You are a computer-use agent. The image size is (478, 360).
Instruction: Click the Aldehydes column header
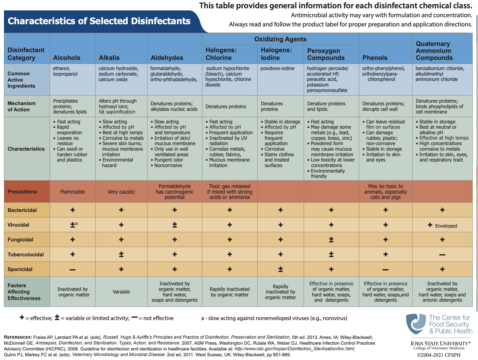(167, 58)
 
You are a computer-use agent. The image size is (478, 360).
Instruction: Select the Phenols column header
(375, 58)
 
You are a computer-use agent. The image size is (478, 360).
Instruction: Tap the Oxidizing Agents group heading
(280, 39)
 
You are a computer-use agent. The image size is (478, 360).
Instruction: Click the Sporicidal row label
(20, 269)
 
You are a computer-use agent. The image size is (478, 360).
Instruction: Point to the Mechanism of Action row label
(21, 106)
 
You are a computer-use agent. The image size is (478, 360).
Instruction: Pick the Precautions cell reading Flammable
(72, 192)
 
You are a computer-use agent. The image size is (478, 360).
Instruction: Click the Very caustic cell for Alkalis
(121, 192)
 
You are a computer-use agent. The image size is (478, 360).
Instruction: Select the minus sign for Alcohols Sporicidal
(72, 270)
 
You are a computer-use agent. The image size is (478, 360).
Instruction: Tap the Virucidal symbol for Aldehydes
(175, 225)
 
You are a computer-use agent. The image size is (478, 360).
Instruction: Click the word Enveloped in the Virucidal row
(446, 226)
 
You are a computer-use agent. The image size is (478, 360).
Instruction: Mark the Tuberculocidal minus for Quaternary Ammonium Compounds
(442, 255)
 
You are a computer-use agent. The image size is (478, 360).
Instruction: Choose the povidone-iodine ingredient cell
(277, 68)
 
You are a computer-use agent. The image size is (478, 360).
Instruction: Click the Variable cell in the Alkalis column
(121, 292)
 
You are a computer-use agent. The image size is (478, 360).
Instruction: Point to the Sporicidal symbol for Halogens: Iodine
(281, 269)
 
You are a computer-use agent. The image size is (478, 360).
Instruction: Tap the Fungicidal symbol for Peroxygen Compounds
(331, 240)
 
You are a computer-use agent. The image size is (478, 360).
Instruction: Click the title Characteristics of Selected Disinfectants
(99, 21)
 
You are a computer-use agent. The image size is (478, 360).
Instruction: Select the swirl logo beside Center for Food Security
(416, 323)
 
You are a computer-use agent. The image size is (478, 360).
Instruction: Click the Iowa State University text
(440, 343)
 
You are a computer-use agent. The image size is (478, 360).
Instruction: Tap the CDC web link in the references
(294, 349)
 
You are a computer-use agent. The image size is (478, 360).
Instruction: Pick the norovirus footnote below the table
(274, 318)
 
